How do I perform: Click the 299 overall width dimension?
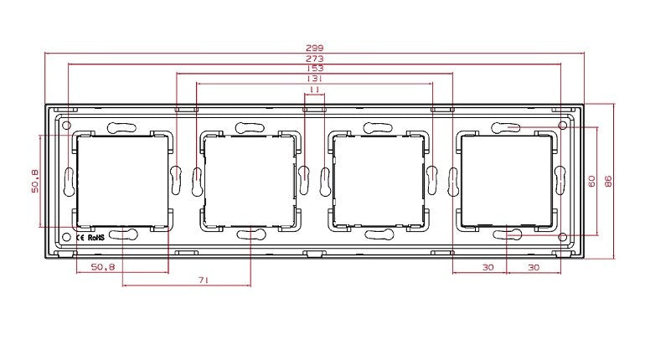click(x=314, y=49)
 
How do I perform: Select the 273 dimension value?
click(x=314, y=59)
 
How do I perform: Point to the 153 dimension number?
click(x=314, y=69)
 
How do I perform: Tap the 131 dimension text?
click(x=314, y=79)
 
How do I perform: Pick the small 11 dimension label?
click(x=314, y=89)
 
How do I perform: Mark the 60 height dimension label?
click(x=591, y=181)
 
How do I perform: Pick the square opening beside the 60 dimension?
click(x=507, y=179)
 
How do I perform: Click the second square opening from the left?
click(x=249, y=179)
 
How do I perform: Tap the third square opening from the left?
click(x=378, y=179)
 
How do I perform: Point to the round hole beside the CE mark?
click(x=66, y=237)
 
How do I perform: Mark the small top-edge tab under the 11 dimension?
click(x=314, y=108)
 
